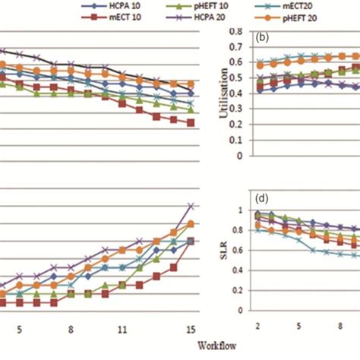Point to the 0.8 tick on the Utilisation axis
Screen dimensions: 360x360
240,32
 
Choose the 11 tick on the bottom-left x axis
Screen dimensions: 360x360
122,330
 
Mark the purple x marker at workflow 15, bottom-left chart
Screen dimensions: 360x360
192,206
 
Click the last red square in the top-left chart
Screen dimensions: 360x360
191,122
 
